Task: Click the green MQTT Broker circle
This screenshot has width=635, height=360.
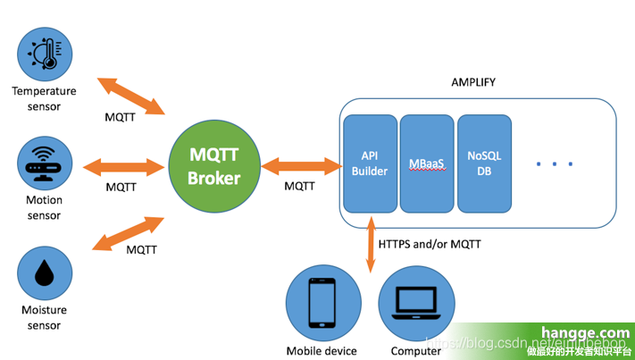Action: pyautogui.click(x=213, y=166)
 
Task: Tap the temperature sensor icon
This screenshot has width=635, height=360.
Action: pyautogui.click(x=44, y=54)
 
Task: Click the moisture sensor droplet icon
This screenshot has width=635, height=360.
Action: pyautogui.click(x=44, y=275)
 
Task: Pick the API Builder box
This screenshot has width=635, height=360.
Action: pyautogui.click(x=370, y=163)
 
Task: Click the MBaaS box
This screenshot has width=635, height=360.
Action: pyautogui.click(x=426, y=163)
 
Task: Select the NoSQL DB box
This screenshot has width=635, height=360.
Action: pyautogui.click(x=484, y=163)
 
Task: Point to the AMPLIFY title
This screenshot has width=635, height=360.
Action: pyautogui.click(x=473, y=82)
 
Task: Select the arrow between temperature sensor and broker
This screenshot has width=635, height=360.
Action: pyautogui.click(x=132, y=96)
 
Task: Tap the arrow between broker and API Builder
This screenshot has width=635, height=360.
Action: pyautogui.click(x=303, y=165)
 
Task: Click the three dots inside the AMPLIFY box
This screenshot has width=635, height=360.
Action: pyautogui.click(x=555, y=163)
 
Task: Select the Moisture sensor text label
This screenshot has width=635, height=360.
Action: pyautogui.click(x=44, y=318)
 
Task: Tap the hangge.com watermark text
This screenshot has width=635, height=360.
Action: pyautogui.click(x=578, y=333)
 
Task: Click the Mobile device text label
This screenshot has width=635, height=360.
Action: pyautogui.click(x=322, y=351)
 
